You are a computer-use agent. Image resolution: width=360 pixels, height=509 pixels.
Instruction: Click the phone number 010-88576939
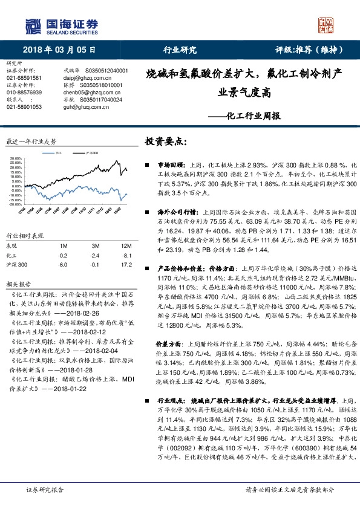tap(24, 92)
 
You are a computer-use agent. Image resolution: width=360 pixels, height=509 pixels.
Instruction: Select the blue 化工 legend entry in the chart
tap(56, 154)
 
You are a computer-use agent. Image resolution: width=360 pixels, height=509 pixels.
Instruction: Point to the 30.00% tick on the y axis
tap(16, 159)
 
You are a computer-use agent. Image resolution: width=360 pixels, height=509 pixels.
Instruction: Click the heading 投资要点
tap(164, 141)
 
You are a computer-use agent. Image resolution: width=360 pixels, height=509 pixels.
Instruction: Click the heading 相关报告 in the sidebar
tap(16, 283)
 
